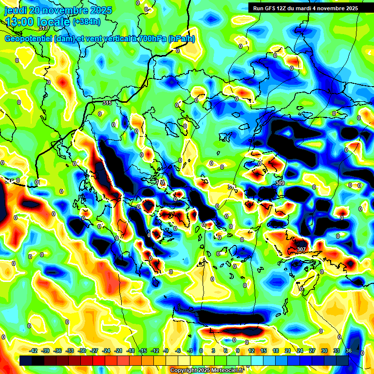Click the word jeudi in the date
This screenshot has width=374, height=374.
click(15, 10)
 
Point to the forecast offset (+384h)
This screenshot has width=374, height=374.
click(86, 21)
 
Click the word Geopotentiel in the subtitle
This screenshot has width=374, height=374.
click(28, 39)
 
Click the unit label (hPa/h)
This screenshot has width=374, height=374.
click(181, 39)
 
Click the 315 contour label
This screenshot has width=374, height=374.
click(107, 103)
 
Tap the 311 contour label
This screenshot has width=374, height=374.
click(232, 187)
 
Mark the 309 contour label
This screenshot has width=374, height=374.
click(280, 183)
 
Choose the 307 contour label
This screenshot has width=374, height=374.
click(301, 249)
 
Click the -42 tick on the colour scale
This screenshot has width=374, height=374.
click(34, 351)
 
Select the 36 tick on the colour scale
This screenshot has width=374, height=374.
click(348, 351)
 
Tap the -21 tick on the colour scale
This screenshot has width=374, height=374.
click(118, 351)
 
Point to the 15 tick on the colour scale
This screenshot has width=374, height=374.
click(263, 351)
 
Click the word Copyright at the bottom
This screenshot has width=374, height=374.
click(183, 371)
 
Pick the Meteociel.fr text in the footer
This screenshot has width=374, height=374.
click(229, 371)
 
